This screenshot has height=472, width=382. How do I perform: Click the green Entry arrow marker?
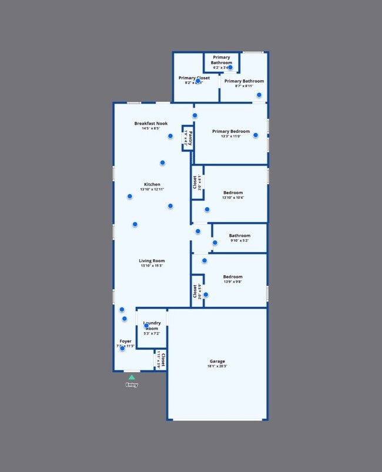point(132,377)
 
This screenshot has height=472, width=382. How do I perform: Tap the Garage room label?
point(217,361)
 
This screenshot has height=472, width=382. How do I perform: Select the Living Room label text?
point(152,261)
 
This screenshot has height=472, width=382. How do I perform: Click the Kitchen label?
point(152,185)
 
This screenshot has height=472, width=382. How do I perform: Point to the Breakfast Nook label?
point(151,123)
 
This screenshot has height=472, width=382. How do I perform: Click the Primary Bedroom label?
point(231,132)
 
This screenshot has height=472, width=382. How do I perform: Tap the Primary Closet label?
point(194,78)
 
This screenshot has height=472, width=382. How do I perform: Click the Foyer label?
point(125,341)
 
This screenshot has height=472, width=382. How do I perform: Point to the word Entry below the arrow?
point(132,385)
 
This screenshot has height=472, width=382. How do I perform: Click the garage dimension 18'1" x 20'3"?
point(217,367)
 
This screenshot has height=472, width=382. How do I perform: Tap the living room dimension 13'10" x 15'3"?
point(152,266)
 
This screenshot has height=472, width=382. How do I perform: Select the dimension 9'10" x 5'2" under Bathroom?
point(239,241)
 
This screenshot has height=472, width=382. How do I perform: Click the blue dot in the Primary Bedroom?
point(256,135)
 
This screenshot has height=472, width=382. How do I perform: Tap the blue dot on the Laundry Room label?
point(146,326)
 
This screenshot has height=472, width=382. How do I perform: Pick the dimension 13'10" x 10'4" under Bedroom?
point(233,198)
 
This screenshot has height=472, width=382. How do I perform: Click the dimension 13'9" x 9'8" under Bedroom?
point(233,282)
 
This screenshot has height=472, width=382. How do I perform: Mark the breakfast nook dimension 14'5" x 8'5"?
point(151,129)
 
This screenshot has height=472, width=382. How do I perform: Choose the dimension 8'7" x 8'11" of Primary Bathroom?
point(244,86)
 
